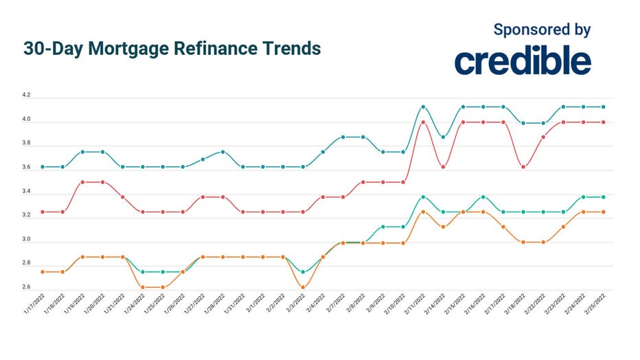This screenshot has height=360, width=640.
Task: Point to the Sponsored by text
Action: pyautogui.click(x=542, y=30)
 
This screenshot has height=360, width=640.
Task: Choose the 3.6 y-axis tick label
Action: pyautogui.click(x=26, y=168)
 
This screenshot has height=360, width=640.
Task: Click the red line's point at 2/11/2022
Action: pyautogui.click(x=423, y=122)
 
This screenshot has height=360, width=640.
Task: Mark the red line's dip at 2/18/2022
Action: pyautogui.click(x=523, y=167)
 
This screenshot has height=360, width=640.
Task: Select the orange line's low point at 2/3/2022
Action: pyautogui.click(x=303, y=287)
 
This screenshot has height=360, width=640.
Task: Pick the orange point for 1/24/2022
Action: pyautogui.click(x=143, y=287)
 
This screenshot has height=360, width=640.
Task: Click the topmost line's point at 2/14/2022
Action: pyautogui.click(x=443, y=137)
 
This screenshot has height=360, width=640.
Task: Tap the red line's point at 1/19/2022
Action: pyautogui.click(x=83, y=182)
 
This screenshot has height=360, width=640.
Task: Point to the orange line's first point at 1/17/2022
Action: pyautogui.click(x=43, y=272)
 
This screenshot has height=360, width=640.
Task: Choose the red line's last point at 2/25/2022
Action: pyautogui.click(x=603, y=122)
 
